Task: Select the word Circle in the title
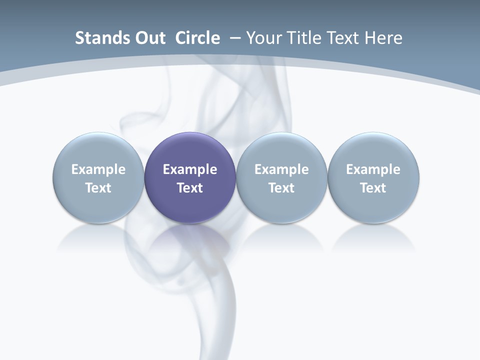pos(197,38)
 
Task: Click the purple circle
pos(190,150)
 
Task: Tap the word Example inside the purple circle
pos(190,169)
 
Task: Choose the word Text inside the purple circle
pos(190,188)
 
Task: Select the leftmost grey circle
pos(98,150)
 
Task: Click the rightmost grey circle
pos(373,150)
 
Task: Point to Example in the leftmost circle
pos(98,169)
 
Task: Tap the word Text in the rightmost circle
pos(373,188)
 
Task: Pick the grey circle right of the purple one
pos(281,150)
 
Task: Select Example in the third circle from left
pos(281,169)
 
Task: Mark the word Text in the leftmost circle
pos(98,188)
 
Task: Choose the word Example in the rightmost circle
pos(373,169)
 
